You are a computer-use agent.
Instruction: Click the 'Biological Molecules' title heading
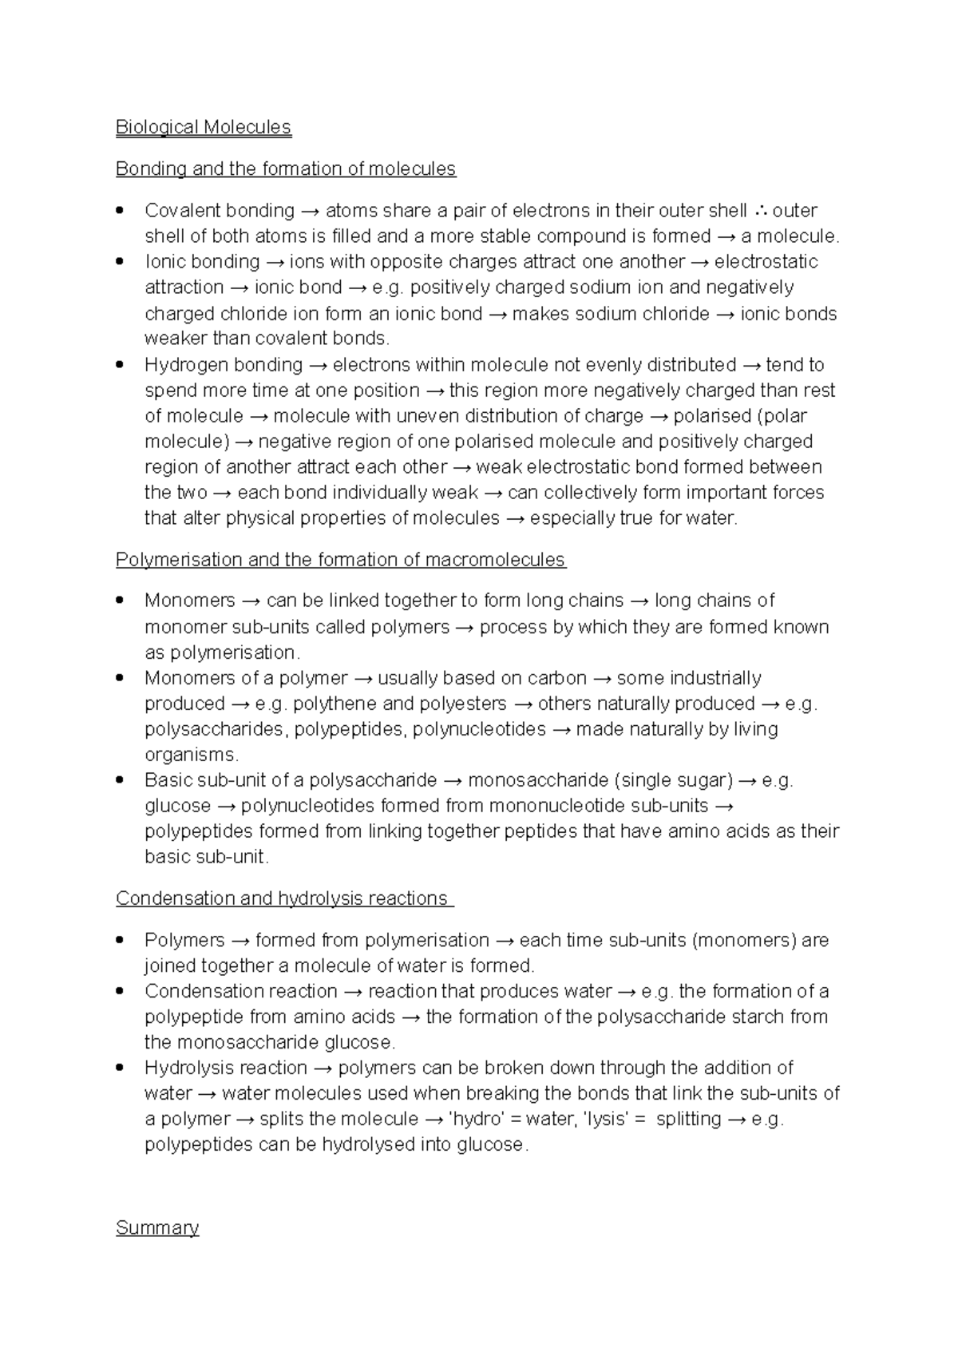pos(204,128)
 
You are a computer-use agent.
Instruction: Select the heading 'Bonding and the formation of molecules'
pos(286,169)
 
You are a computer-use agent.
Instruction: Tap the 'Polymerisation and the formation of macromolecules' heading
pos(341,560)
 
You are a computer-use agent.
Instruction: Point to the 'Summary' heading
pos(157,1227)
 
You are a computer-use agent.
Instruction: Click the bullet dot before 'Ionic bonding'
pos(120,261)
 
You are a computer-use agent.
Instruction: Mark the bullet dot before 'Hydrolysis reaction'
pos(120,1068)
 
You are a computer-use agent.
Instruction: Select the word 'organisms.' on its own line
pos(192,755)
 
